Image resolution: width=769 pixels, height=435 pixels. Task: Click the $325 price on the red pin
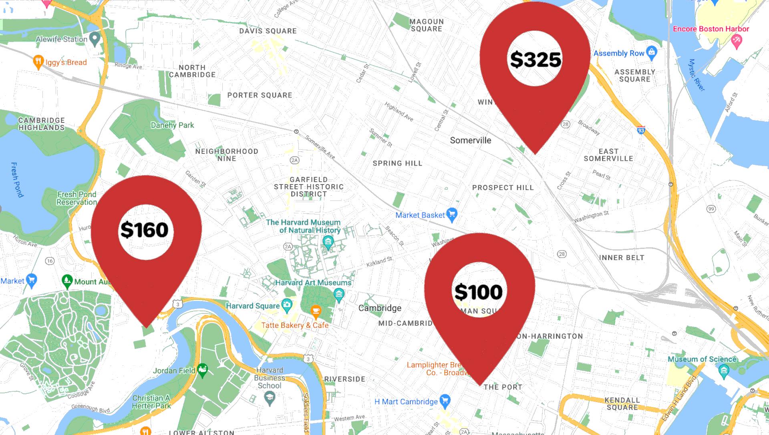tap(535, 59)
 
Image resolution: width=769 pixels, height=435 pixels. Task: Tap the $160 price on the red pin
tap(144, 230)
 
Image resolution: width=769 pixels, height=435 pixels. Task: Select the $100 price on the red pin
tap(479, 292)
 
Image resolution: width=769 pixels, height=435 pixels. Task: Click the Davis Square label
tap(268, 31)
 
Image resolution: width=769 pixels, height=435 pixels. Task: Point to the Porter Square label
tap(260, 95)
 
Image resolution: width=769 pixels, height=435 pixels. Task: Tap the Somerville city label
tap(470, 140)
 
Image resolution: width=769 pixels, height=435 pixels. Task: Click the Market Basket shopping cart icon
tap(452, 214)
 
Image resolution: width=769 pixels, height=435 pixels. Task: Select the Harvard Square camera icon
tap(287, 305)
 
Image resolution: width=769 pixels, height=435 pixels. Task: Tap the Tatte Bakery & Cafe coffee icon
tap(316, 311)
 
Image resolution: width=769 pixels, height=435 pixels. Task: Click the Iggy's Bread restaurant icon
tap(38, 62)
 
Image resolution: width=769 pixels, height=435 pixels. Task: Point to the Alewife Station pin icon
tap(95, 39)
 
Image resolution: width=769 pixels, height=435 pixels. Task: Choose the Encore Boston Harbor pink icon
tap(736, 40)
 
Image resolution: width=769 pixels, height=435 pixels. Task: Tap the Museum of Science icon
tap(723, 371)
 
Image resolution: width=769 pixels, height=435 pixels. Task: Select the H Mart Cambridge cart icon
tap(445, 400)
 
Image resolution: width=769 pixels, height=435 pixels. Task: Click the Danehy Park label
tap(172, 125)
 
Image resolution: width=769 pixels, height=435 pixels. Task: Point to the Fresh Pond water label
tap(17, 180)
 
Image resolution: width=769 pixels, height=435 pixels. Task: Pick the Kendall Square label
tap(622, 404)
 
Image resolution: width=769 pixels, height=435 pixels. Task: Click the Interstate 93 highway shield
tap(641, 130)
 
